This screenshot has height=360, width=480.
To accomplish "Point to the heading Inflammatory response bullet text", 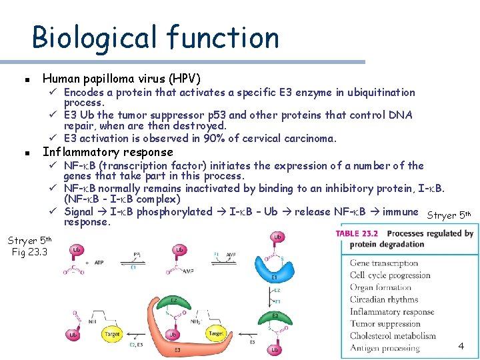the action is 107,152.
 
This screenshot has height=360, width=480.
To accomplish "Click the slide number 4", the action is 461,346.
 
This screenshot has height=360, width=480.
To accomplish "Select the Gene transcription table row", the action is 385,263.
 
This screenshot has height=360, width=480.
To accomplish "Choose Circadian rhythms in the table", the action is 383,299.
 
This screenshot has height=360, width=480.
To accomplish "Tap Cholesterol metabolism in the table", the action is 391,335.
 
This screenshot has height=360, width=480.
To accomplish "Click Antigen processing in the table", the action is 385,347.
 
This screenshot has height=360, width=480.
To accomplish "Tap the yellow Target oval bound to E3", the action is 216,333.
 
